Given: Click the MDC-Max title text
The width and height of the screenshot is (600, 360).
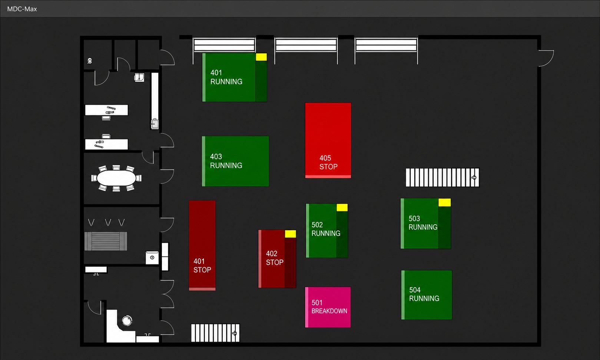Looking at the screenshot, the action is [22, 9].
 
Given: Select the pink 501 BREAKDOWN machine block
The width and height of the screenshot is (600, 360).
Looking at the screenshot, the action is [328, 307].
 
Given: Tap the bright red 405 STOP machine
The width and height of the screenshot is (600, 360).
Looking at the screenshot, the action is [328, 141].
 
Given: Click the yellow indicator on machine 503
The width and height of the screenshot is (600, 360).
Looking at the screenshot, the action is [445, 202].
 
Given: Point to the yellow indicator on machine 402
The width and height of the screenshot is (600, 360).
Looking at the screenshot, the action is [290, 234].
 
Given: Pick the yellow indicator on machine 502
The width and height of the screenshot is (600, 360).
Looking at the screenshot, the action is [342, 208].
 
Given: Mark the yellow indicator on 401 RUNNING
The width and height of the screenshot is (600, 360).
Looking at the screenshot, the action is [261, 57].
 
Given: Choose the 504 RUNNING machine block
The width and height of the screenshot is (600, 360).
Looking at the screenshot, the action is [427, 295].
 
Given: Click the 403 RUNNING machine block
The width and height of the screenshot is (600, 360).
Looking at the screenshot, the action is [235, 161].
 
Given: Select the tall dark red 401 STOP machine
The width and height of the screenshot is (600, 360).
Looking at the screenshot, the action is [202, 245].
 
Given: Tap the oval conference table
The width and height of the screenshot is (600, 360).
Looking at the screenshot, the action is [116, 178].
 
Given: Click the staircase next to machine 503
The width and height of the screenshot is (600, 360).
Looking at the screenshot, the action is [442, 178].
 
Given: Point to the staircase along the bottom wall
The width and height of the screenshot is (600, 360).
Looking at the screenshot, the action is [215, 333].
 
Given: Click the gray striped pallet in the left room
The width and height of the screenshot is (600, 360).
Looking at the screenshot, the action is [106, 241].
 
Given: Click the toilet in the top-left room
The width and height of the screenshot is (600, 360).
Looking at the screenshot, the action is [90, 61].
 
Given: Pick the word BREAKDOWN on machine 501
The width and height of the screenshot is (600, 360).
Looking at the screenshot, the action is [329, 311].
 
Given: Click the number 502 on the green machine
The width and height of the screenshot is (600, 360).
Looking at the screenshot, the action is [317, 225].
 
